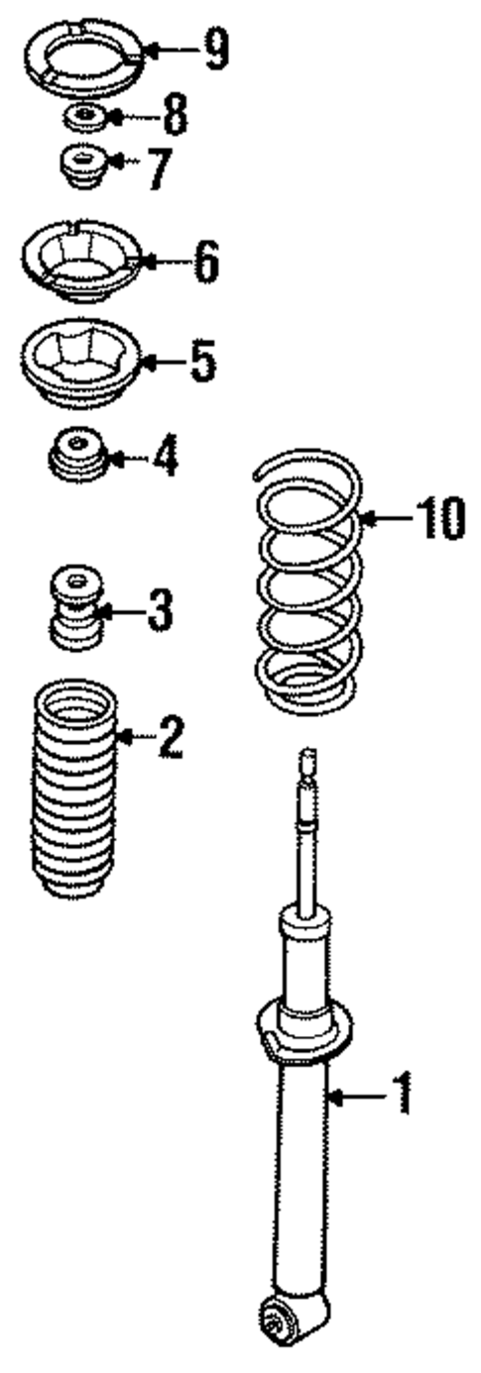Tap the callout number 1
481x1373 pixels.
pyautogui.click(x=400, y=1095)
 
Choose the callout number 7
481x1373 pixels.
pyautogui.click(x=157, y=169)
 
